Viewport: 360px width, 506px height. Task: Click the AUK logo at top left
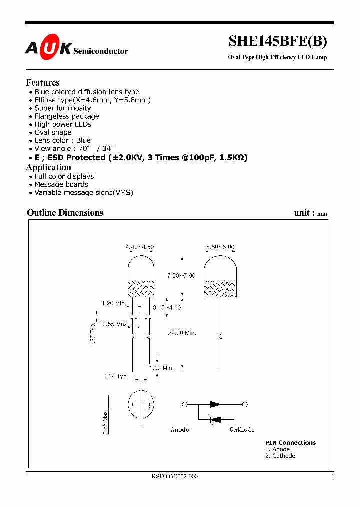click(x=48, y=48)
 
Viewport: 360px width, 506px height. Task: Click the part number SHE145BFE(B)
click(x=278, y=42)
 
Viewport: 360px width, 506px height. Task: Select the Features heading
click(x=43, y=83)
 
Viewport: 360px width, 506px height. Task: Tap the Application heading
click(x=49, y=168)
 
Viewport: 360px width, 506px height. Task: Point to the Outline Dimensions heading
click(x=65, y=213)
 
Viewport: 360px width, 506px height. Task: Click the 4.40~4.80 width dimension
click(x=140, y=247)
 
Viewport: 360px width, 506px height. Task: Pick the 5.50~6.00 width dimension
click(x=220, y=247)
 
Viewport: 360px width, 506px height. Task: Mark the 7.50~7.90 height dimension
click(x=181, y=276)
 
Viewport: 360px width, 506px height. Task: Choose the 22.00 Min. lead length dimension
click(x=182, y=332)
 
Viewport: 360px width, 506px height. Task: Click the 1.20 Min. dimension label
click(x=114, y=303)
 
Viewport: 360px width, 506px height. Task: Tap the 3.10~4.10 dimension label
click(x=167, y=307)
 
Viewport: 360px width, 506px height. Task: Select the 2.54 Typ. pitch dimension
click(x=116, y=376)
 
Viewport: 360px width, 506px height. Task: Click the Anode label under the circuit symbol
click(x=180, y=430)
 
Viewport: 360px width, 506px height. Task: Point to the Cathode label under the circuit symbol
click(x=242, y=430)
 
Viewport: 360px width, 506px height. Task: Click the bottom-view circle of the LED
click(x=142, y=404)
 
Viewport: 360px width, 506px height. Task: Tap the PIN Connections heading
click(x=290, y=443)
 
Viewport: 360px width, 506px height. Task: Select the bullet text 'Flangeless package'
click(x=67, y=116)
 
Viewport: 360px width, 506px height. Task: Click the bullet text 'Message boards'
click(x=61, y=184)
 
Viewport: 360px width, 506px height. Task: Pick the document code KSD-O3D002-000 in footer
click(x=175, y=477)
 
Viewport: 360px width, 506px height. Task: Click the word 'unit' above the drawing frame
click(x=302, y=213)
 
